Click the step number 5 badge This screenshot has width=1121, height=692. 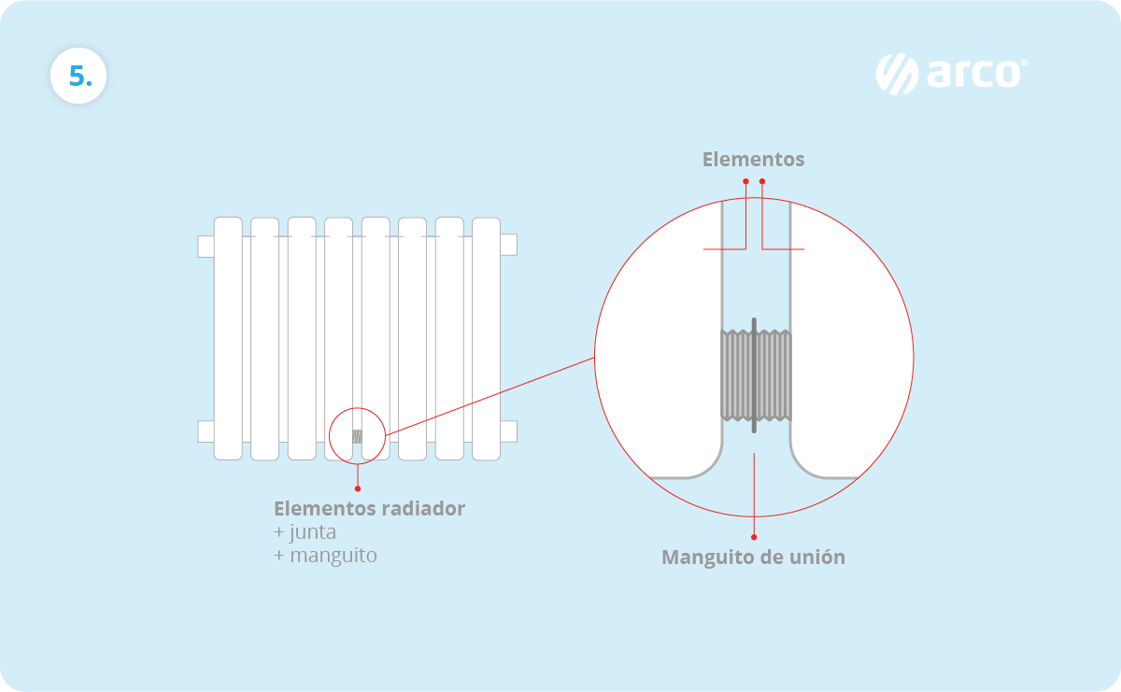coord(78,76)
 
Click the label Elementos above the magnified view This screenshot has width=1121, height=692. coord(753,160)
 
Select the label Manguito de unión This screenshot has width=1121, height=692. coord(753,558)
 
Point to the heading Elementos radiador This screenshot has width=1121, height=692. coord(369,509)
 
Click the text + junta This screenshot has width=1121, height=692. coord(305,532)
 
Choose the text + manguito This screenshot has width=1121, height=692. coord(325,556)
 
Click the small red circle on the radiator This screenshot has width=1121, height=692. coord(357,435)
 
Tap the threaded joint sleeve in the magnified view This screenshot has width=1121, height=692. coord(756,375)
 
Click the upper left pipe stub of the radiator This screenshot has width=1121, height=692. coord(206,246)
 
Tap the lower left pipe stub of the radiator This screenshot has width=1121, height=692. coord(206,431)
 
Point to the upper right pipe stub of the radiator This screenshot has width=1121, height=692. coord(508,245)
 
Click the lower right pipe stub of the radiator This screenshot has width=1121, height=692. coord(508,431)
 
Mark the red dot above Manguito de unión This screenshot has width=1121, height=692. coord(754,537)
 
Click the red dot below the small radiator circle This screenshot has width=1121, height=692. coord(357,487)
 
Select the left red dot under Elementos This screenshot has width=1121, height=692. coord(745,181)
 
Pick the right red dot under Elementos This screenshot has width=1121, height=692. coord(762,181)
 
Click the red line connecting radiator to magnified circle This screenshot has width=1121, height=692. coord(490,396)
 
